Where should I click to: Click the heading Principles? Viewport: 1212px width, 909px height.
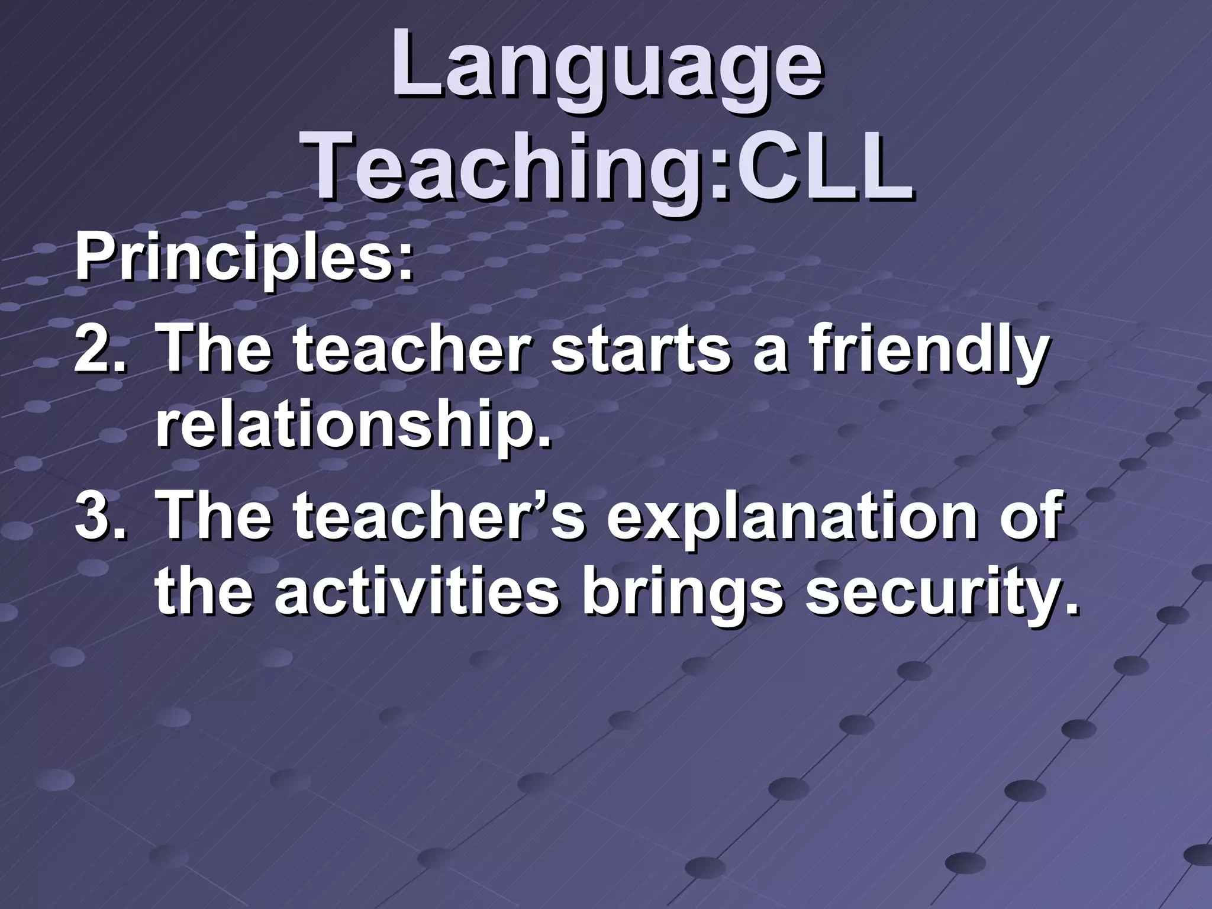click(x=243, y=260)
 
